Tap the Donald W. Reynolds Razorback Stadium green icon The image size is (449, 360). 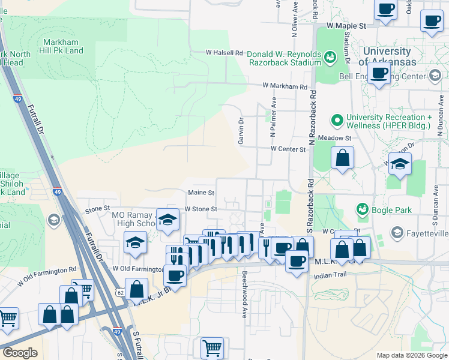tap(329, 58)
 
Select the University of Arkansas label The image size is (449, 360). tap(387, 57)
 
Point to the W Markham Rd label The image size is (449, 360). tap(288, 86)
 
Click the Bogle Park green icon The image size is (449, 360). tap(363, 209)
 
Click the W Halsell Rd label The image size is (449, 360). tap(224, 52)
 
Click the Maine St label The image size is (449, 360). tap(201, 193)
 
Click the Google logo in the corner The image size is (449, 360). tap(20, 353)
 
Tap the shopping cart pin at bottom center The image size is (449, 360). tap(212, 347)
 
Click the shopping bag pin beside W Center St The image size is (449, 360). tap(342, 158)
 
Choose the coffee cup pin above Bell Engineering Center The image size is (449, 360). tap(379, 73)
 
